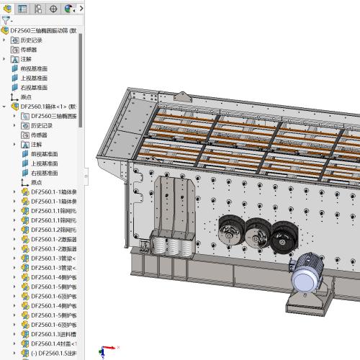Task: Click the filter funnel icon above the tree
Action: coord(6,21)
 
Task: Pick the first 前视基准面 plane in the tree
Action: coord(35,68)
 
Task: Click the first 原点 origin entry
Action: coord(26,96)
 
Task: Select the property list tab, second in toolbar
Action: coord(22,9)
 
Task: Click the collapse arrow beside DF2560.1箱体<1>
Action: coord(4,106)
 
